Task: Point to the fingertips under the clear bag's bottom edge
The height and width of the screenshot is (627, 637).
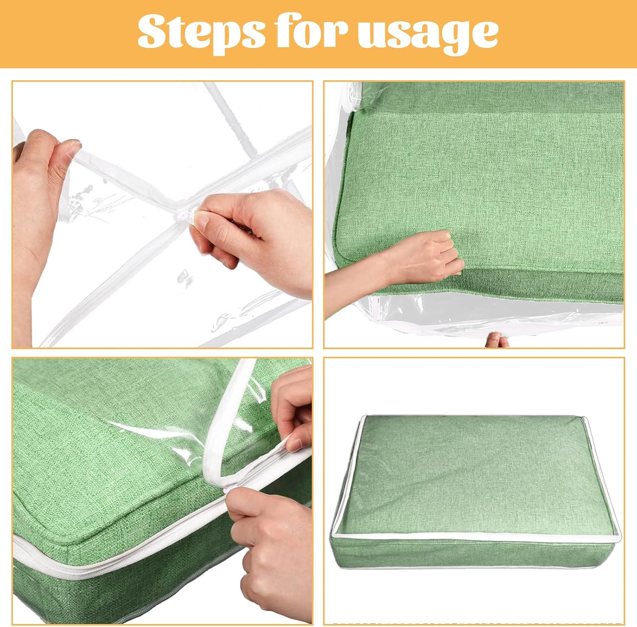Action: tap(496, 340)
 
